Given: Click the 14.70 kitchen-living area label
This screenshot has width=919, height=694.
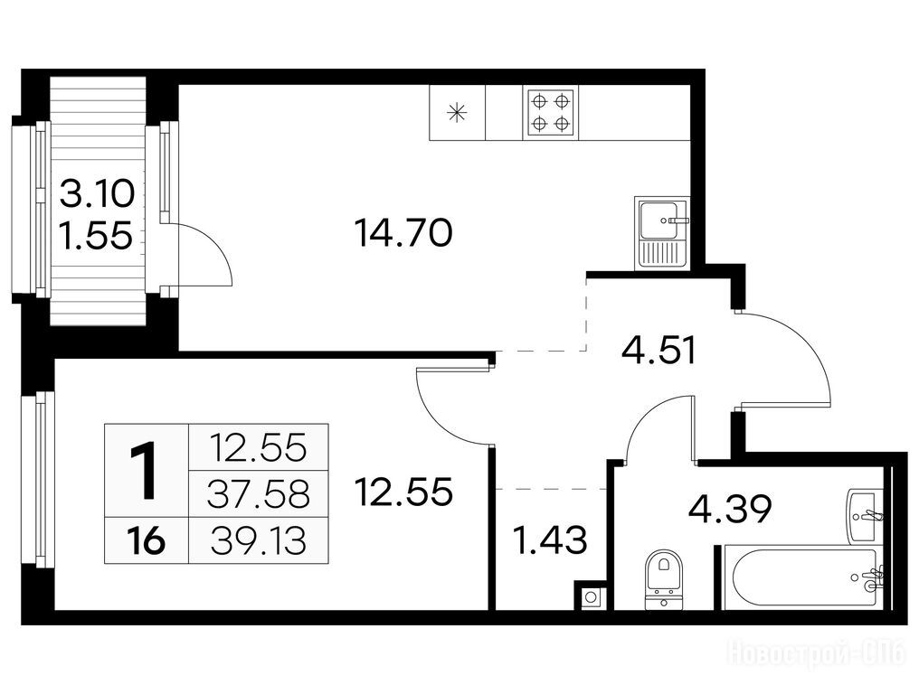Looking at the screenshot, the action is tap(403, 232).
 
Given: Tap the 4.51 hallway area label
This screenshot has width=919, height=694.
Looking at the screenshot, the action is tap(658, 351).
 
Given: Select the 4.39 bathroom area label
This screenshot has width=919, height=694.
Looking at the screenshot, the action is tap(729, 509).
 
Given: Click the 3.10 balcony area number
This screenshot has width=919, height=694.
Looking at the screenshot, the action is tap(98, 194).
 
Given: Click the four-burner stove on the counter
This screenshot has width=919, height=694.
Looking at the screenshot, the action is tap(550, 112).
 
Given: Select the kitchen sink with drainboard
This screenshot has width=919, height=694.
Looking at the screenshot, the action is tap(661, 232).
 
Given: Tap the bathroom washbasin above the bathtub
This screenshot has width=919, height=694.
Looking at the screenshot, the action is tap(862, 517).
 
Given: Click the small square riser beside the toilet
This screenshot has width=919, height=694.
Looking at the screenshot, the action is tap(591, 597).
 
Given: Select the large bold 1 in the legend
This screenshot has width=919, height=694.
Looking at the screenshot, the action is tap(144, 471).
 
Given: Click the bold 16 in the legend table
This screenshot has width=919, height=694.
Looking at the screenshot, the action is tap(147, 540).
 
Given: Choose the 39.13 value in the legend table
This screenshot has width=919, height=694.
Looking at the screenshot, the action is tap(259, 540).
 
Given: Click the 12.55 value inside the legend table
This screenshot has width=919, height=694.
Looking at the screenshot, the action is tap(259, 448).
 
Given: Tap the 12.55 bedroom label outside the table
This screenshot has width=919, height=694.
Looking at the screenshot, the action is tap(403, 491).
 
